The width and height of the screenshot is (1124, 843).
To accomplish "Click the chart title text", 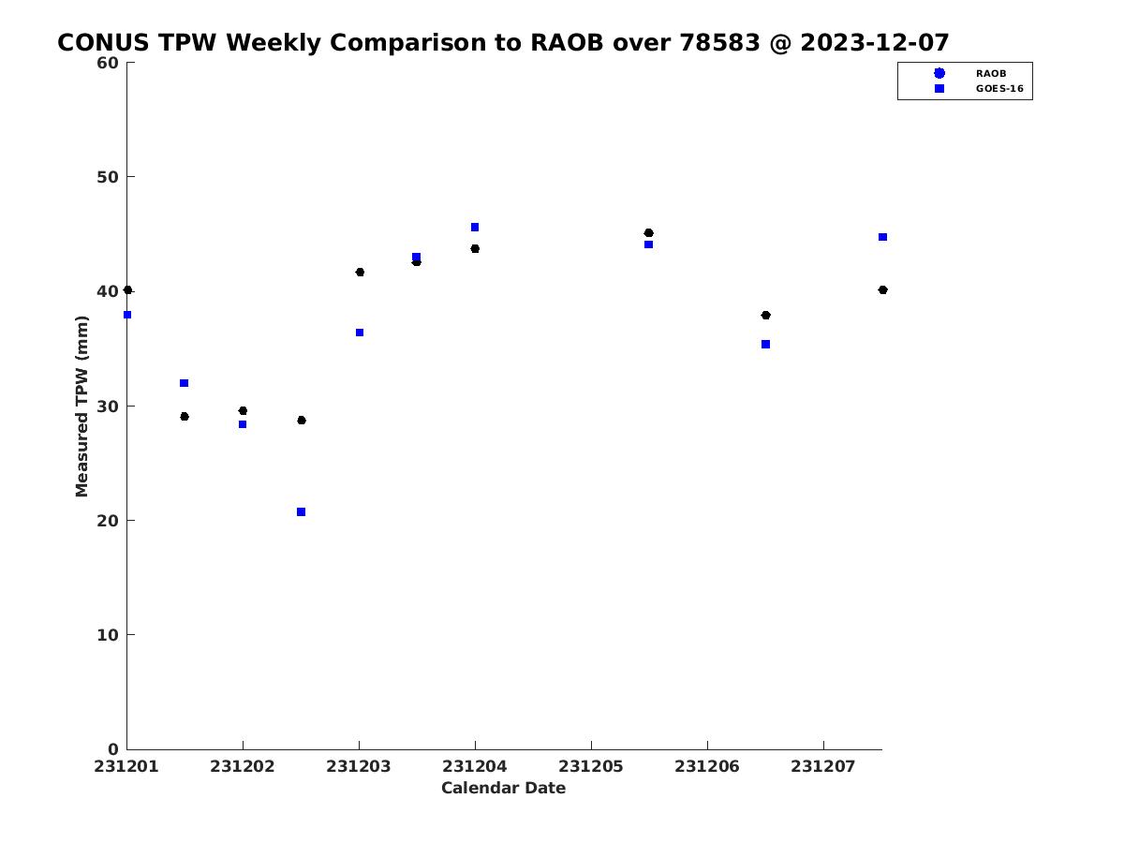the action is [x=503, y=42].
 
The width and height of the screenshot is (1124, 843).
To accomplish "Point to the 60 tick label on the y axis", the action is [x=108, y=63].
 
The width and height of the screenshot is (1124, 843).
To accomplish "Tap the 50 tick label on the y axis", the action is [x=108, y=177].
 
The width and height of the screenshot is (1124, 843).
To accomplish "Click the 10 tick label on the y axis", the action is [x=108, y=635].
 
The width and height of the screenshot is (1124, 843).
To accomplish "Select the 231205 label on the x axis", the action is [x=590, y=766].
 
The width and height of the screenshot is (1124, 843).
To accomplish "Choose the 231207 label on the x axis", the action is [x=823, y=766].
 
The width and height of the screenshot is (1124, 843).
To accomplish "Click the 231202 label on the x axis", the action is [x=243, y=766].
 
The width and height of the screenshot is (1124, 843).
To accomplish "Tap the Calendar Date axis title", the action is [x=503, y=788].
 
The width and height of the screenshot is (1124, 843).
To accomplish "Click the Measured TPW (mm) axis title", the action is [x=81, y=406].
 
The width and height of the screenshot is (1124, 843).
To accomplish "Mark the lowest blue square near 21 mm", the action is [x=301, y=511].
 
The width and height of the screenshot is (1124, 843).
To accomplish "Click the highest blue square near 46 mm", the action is [x=475, y=227].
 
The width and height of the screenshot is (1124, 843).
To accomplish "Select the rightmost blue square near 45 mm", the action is [x=883, y=237].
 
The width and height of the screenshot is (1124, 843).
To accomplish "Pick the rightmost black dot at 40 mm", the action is [x=883, y=289].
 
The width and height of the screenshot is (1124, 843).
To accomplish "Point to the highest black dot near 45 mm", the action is [x=648, y=233].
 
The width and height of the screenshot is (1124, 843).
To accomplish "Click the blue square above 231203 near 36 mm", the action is [x=360, y=333].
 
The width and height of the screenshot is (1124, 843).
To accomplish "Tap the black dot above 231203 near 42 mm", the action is [x=360, y=273].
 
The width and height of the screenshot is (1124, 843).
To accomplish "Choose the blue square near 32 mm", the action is [x=184, y=383].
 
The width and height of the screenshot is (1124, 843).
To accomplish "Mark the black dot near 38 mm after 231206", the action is [x=765, y=316].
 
